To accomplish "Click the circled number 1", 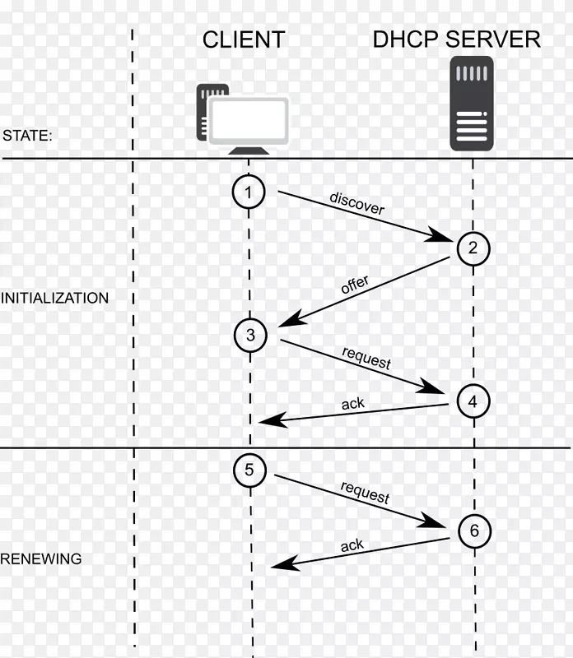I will coord(249,192).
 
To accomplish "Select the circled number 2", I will coord(473,247).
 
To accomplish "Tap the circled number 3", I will coord(249,334).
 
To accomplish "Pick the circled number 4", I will coord(473,401).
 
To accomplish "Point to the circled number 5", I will coord(249,470).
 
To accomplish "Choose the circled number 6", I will coord(473,531).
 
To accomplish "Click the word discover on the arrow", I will coord(357,203).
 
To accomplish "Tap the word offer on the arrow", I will coord(355,285).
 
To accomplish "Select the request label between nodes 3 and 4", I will coord(366,358).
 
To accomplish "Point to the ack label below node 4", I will coord(352,404).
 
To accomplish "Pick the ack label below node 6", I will coord(352,545).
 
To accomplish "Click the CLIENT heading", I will coord(244,39).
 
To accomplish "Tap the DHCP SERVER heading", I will coord(456,39).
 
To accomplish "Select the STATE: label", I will coord(27,136).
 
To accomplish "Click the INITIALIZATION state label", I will coord(54,299).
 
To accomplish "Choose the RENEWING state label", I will coord(41,559).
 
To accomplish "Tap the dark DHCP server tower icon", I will coord(472,104).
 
